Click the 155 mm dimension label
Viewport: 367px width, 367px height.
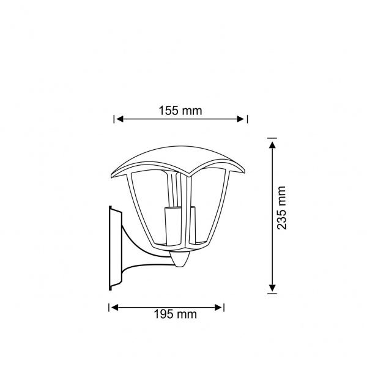coord(180,111)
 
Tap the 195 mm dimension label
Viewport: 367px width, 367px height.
coord(175,314)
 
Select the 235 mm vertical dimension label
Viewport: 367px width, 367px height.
coord(281,208)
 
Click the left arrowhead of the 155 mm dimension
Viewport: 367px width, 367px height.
coord(120,119)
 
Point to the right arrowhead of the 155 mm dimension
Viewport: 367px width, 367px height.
coord(240,119)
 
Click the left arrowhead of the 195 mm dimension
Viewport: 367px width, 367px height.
coord(114,308)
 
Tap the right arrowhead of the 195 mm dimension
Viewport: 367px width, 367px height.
coord(218,308)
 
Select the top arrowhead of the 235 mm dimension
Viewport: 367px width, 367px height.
coord(272,145)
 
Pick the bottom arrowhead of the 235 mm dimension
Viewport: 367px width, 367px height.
coord(272,287)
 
